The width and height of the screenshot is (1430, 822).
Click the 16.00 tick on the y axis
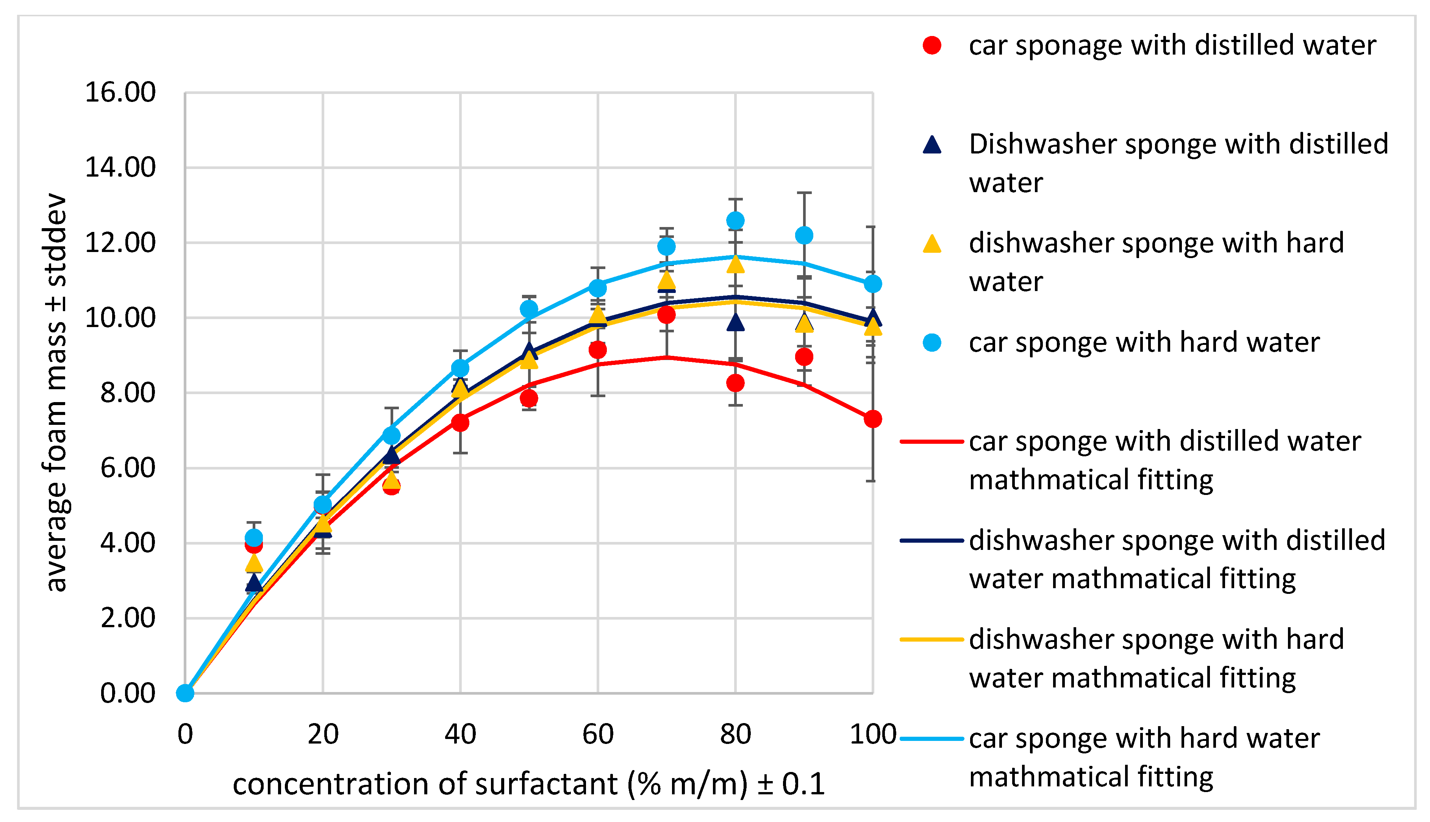tap(120, 92)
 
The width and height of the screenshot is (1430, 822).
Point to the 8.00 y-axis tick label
tap(128, 393)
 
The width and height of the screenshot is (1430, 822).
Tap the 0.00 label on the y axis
tap(128, 693)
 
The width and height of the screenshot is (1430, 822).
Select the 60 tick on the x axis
tap(598, 734)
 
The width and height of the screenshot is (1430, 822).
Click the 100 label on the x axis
tap(872, 734)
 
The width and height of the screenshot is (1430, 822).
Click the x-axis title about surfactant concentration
tap(529, 784)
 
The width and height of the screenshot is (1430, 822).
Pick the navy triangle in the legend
tap(932, 145)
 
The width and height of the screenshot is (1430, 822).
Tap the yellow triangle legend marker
tap(932, 244)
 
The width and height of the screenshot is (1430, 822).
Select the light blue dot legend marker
tap(932, 343)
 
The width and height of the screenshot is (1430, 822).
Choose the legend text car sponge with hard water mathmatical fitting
tap(1144, 757)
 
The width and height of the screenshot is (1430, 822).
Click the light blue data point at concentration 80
tap(735, 221)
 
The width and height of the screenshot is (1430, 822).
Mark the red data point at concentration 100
tap(872, 419)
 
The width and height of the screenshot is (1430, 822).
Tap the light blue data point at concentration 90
tap(803, 235)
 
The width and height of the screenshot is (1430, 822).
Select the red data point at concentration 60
tap(598, 350)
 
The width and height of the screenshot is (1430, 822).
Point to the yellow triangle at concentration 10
tap(254, 562)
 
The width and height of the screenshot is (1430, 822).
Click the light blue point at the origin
tap(185, 693)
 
